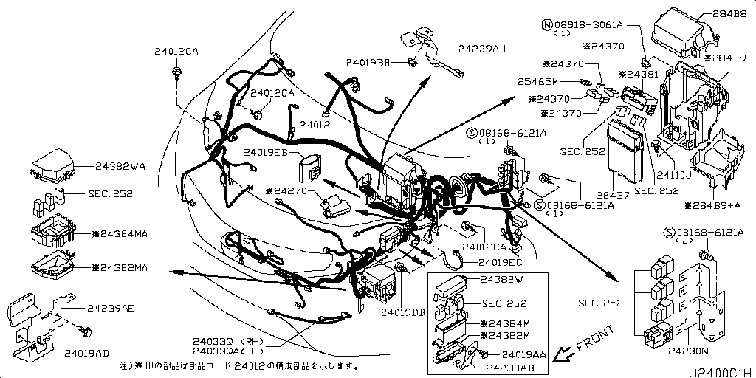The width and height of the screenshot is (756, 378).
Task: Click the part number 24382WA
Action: coord(121,167)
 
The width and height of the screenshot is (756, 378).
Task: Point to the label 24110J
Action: coord(675,176)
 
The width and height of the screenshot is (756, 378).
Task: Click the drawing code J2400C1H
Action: coord(721,371)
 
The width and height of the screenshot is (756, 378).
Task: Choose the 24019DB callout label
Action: coord(403,312)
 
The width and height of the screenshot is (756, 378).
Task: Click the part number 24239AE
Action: coord(111,307)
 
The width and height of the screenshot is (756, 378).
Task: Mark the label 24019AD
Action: coord(86,352)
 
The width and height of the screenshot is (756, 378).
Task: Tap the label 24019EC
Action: coord(500,262)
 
